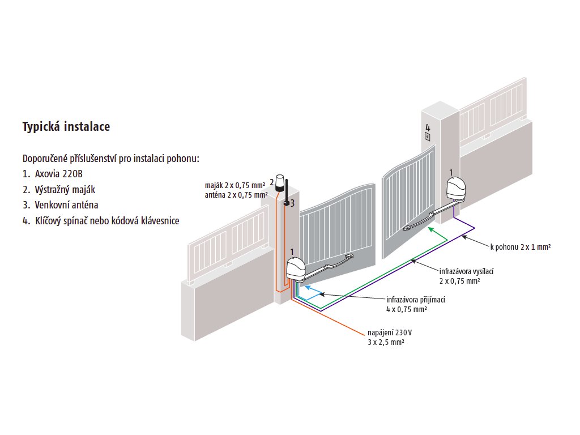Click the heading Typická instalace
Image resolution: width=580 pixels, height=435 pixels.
[66, 127]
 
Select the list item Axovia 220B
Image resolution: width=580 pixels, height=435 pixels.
[56, 174]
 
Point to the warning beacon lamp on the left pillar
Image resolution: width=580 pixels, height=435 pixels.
[282, 181]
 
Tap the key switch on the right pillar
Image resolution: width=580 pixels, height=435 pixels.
[428, 137]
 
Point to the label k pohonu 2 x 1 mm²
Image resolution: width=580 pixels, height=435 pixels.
[521, 247]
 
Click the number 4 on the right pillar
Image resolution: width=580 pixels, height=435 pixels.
[428, 127]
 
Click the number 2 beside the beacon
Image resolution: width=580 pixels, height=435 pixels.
[272, 182]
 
